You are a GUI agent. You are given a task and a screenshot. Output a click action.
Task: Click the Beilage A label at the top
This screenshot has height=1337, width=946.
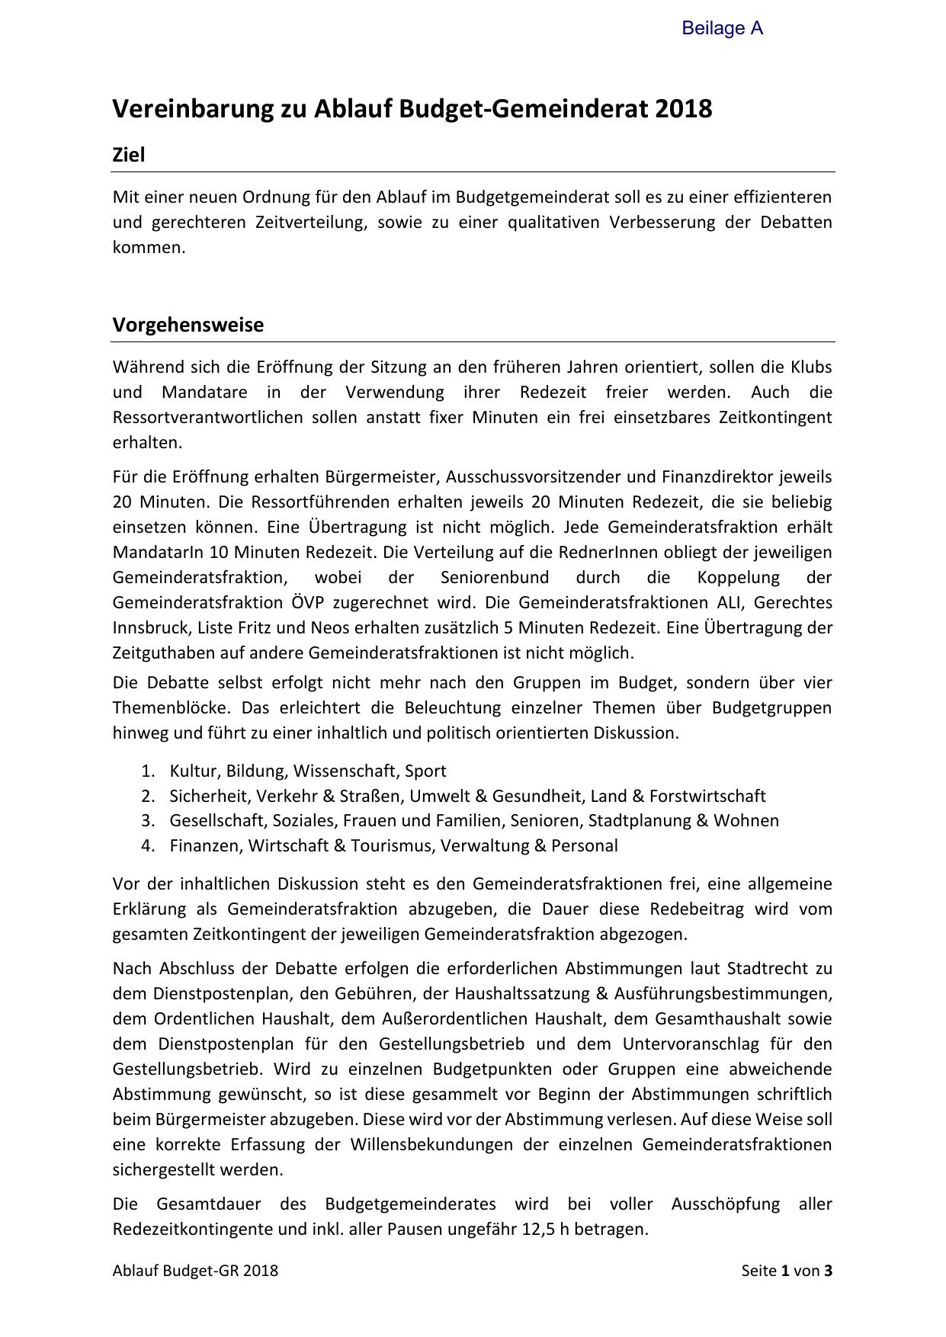(722, 29)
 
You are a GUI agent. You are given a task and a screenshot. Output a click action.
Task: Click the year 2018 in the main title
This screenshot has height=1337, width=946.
(683, 109)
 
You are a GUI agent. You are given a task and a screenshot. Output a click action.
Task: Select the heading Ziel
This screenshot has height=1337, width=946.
(129, 155)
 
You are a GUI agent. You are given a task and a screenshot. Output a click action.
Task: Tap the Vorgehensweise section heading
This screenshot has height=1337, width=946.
(188, 325)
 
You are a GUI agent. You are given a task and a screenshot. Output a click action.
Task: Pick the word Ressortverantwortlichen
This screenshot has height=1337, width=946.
(207, 418)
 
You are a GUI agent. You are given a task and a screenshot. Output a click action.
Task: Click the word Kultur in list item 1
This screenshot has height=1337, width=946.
(194, 771)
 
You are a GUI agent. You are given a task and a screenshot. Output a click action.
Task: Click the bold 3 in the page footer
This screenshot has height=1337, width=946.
(828, 1271)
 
